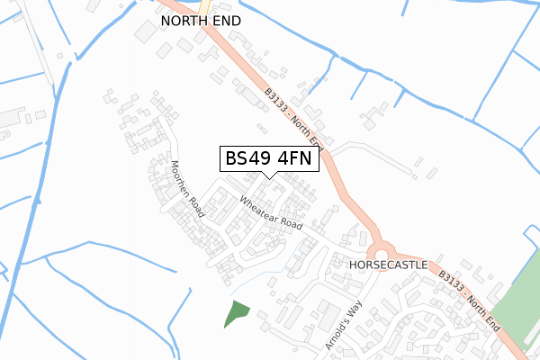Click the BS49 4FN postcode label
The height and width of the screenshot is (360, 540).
[x=268, y=158]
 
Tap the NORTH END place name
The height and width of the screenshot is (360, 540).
[x=202, y=19]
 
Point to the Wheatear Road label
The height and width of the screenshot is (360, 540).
[x=271, y=211]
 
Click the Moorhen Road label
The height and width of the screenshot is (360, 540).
[x=188, y=190]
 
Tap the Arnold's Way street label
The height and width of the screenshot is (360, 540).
[x=348, y=324]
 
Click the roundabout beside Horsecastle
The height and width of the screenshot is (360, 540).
[x=381, y=249]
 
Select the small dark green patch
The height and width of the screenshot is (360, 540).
[x=236, y=313]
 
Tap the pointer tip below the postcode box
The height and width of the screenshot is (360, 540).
[x=268, y=175]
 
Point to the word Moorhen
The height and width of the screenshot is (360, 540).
[x=182, y=179]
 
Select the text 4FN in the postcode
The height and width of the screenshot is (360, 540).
[x=292, y=158]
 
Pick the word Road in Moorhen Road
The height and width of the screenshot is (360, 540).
[x=197, y=206]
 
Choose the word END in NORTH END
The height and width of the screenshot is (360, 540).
[x=229, y=19]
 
